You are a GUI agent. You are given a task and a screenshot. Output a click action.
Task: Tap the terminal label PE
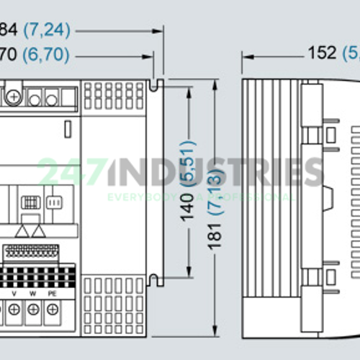pos(52,293)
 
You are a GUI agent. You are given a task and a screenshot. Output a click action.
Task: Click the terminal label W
pos(33,293)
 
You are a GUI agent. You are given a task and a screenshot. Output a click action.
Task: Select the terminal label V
pos(14,293)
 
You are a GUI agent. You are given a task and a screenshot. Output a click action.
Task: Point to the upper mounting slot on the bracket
pos(154,86)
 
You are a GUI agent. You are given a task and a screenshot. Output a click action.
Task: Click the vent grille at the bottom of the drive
pos(113,305)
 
